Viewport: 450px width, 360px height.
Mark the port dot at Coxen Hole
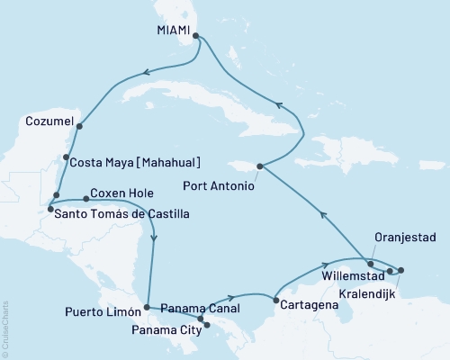[x=85, y=198]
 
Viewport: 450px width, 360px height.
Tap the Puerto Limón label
[x=101, y=314]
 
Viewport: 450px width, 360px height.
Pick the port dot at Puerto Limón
[x=146, y=309]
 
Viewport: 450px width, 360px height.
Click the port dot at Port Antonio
[x=260, y=166]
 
